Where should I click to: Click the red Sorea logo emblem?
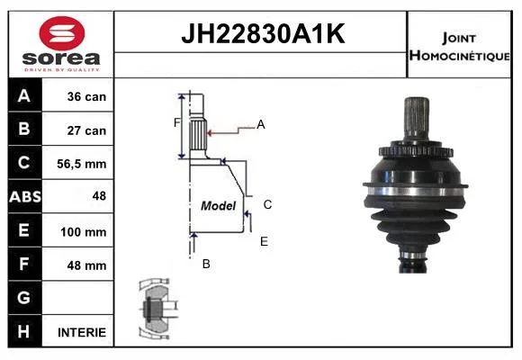62,33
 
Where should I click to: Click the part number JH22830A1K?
263,33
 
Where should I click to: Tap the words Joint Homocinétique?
459,47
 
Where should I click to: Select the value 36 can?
86,96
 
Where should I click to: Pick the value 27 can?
86,130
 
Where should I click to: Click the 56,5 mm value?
82,164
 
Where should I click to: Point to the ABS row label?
25,196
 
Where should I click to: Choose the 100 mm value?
83,232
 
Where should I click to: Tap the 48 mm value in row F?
86,265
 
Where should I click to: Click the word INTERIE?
82,332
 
